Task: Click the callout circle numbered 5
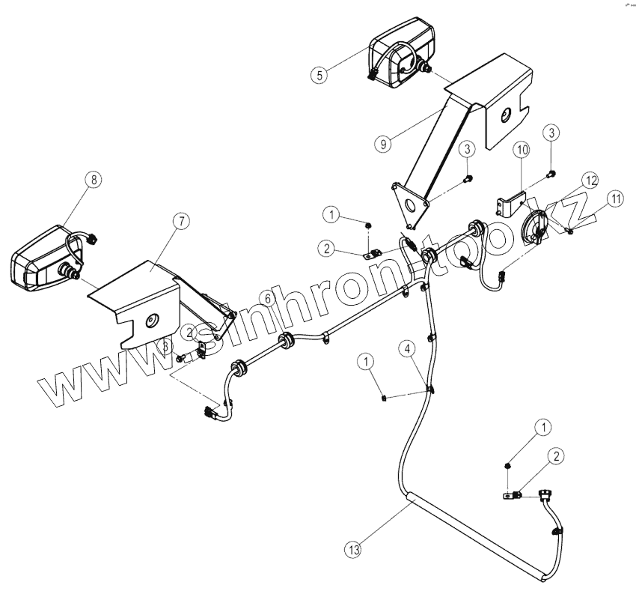pyautogui.click(x=320, y=74)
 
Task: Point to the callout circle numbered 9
pyautogui.click(x=384, y=144)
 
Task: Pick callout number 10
pyautogui.click(x=522, y=151)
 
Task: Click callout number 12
pyautogui.click(x=591, y=181)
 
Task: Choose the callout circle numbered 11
pyautogui.click(x=615, y=199)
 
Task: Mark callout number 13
pyautogui.click(x=353, y=549)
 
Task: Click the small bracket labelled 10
pyautogui.click(x=512, y=203)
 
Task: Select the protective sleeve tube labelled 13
pyautogui.click(x=473, y=536)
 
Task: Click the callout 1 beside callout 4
pyautogui.click(x=366, y=363)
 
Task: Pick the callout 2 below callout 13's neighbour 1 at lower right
pyautogui.click(x=557, y=455)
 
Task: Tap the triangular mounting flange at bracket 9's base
pyautogui.click(x=411, y=202)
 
